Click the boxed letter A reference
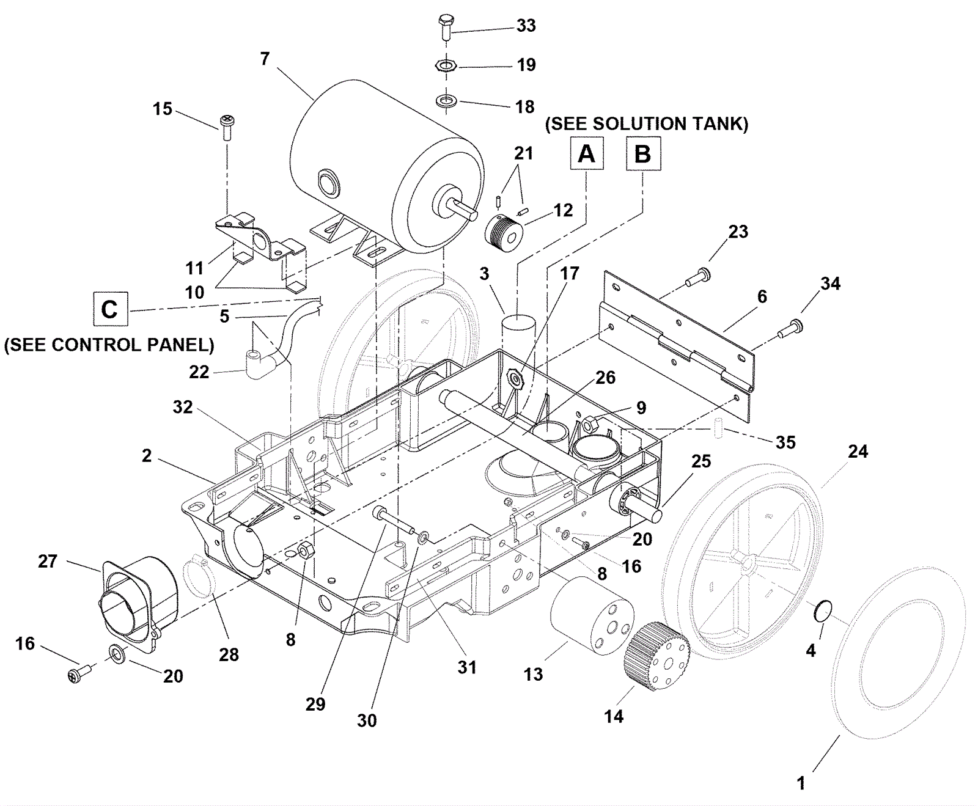click(x=586, y=153)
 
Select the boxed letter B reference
click(x=643, y=153)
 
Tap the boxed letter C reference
click(x=110, y=309)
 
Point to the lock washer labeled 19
click(x=447, y=65)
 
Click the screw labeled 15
click(x=227, y=127)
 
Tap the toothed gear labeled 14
click(x=656, y=656)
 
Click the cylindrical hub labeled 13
click(x=591, y=614)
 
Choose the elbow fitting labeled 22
click(x=261, y=363)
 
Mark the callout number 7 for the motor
click(x=264, y=59)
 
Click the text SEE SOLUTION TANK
click(x=646, y=123)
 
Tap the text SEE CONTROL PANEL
click(x=109, y=345)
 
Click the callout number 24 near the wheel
click(x=858, y=452)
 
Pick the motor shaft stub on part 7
click(x=463, y=210)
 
